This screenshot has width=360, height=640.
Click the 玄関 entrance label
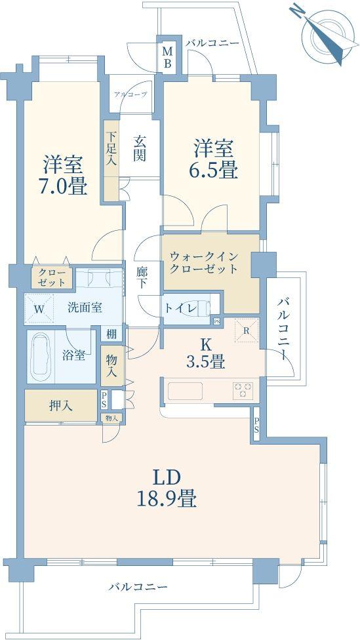click(140, 149)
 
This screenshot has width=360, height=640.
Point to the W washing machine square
click(39, 308)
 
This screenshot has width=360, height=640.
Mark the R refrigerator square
click(245, 331)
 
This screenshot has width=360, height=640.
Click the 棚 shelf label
click(112, 334)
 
